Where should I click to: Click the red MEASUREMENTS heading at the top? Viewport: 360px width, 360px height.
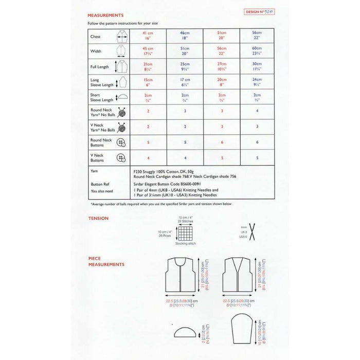point(105,16)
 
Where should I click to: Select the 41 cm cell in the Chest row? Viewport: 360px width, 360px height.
point(148,36)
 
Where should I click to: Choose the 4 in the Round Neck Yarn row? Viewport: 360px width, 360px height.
point(257,111)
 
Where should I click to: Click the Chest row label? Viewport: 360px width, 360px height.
point(96,37)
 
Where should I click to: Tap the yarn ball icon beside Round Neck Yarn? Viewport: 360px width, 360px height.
point(122,112)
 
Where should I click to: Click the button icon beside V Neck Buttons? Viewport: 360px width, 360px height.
point(121,157)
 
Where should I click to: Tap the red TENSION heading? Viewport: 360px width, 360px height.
point(98,218)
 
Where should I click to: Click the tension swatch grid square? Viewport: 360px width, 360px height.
point(185,232)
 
